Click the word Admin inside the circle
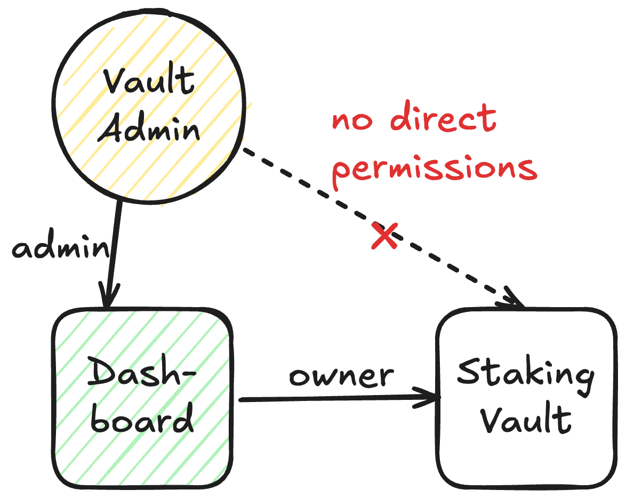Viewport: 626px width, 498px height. point(149,128)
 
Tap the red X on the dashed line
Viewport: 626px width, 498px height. point(384,236)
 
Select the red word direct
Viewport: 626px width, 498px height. point(444,118)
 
